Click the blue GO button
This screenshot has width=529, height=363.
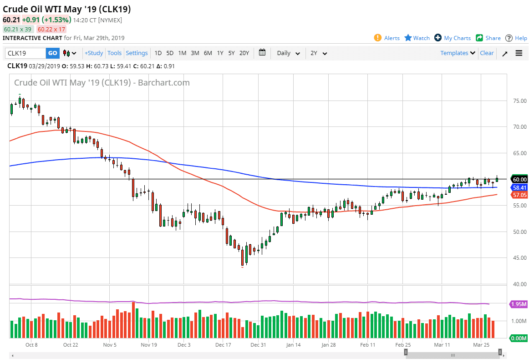tap(52, 53)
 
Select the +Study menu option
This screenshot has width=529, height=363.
tap(94, 53)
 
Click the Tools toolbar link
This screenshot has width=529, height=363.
tap(114, 53)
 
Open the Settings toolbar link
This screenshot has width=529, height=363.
tap(137, 53)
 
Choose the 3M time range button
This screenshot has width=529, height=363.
tap(195, 53)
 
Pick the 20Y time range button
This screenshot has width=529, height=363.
tap(244, 53)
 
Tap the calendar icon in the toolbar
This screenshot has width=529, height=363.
tap(262, 53)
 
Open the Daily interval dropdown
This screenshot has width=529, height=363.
tap(288, 53)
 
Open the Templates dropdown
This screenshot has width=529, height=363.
tap(458, 53)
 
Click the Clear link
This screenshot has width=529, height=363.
tap(487, 53)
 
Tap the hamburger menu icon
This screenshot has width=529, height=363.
tap(519, 53)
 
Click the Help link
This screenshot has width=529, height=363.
tap(516, 38)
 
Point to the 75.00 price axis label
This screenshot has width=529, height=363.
tap(519, 101)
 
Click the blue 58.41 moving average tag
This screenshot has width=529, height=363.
tap(519, 187)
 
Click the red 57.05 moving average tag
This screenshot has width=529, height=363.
tap(519, 195)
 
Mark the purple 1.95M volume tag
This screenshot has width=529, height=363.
tap(519, 304)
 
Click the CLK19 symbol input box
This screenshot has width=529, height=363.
tap(25, 53)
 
